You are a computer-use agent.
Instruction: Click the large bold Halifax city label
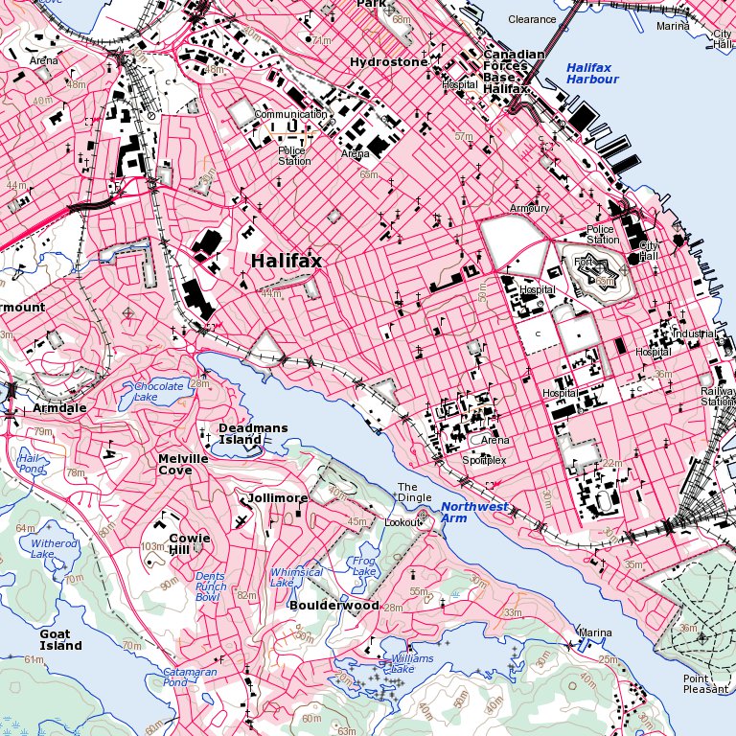point(287,261)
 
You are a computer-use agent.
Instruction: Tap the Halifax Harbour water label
point(592,74)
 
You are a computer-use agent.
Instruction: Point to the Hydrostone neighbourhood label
point(389,62)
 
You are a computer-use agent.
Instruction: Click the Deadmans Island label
point(240,434)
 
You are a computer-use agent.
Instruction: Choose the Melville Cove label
point(183,464)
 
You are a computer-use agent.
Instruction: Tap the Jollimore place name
point(278,498)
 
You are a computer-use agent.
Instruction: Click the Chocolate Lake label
point(158,391)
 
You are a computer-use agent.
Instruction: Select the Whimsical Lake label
point(296,577)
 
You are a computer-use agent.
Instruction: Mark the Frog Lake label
point(364,566)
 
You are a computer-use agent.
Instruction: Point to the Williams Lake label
point(412,663)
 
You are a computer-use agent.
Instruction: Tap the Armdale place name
point(59,407)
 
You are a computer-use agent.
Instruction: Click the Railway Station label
point(718,397)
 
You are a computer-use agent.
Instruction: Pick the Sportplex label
point(484,460)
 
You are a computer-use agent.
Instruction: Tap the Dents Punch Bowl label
point(211,586)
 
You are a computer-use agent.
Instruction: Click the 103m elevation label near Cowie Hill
point(153,546)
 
